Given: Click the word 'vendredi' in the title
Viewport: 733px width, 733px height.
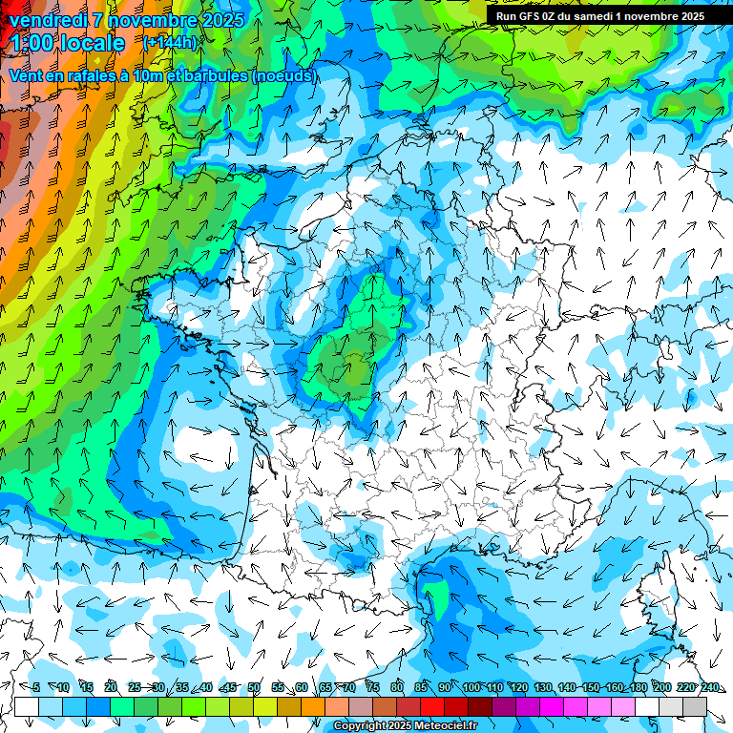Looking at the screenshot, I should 47,19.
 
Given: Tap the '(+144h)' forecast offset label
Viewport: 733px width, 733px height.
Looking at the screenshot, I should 170,43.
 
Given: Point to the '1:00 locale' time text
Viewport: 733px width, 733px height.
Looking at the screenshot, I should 67,43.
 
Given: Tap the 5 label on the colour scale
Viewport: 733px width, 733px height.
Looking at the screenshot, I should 35,687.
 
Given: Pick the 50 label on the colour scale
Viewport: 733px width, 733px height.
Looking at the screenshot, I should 254,687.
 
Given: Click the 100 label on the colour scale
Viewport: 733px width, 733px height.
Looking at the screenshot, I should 471,687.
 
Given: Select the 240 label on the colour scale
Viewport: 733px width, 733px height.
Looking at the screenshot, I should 709,687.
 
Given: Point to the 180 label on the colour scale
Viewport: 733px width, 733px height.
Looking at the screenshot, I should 638,687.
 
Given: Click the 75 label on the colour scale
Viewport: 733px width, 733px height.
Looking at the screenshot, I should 373,687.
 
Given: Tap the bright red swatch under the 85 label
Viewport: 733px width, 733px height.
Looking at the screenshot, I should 432,707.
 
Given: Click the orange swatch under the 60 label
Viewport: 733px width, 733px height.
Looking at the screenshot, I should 313,707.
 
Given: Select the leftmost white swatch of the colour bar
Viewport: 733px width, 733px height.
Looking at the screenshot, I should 27,707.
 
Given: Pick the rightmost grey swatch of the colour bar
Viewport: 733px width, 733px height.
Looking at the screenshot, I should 695,707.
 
